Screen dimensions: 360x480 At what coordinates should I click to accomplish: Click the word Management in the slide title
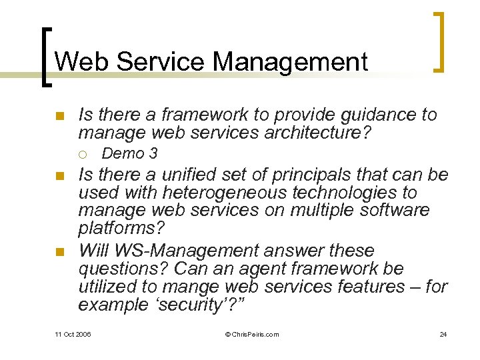[x=290, y=62]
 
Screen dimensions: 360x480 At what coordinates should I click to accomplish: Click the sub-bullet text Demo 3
[x=129, y=154]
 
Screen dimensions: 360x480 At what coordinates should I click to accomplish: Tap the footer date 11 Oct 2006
[x=73, y=334]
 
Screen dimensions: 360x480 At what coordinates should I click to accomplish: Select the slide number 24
[x=443, y=334]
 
